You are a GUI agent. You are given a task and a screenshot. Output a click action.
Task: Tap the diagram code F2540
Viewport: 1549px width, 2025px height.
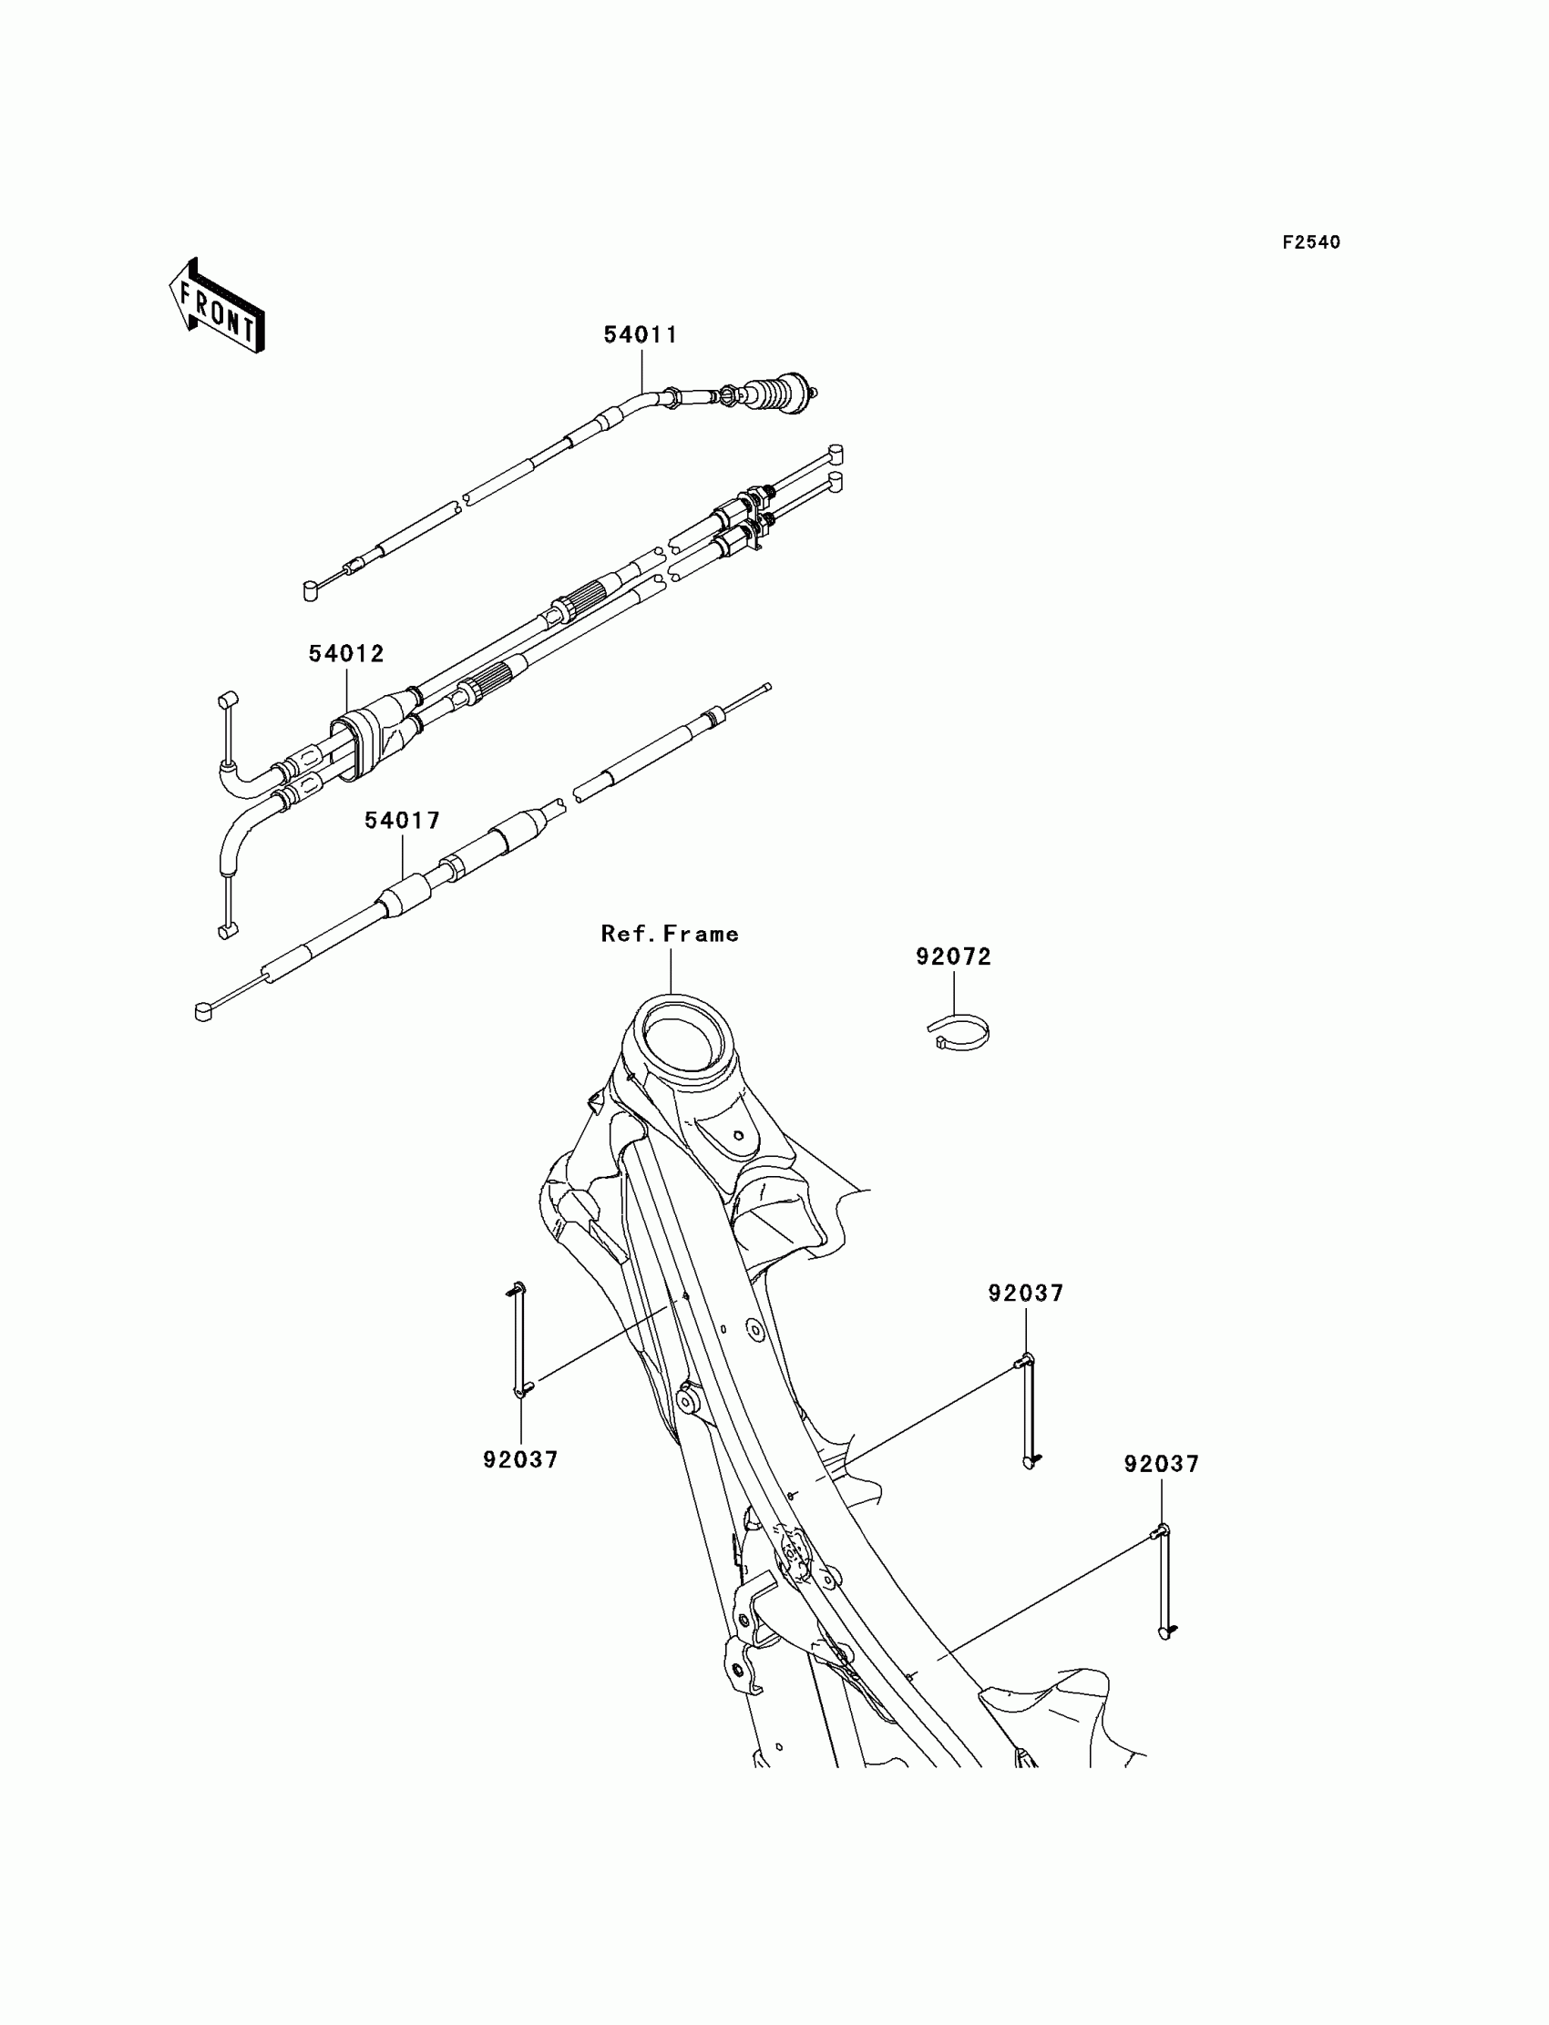[x=1311, y=242]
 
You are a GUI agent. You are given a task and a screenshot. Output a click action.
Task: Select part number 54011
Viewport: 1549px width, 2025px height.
[x=640, y=335]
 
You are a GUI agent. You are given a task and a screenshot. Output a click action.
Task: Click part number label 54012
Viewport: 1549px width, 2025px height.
[x=345, y=654]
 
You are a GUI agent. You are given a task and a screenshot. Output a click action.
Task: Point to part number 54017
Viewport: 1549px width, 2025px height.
[x=402, y=822]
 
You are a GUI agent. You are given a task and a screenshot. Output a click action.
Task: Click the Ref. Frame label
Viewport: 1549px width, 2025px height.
[x=670, y=935]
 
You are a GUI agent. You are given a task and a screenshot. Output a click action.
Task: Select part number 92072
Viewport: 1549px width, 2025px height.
[x=953, y=957]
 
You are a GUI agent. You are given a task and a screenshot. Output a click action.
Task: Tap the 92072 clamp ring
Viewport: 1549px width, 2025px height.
[x=958, y=1030]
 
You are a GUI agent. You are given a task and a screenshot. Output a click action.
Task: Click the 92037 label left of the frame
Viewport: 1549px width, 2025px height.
[x=521, y=1460]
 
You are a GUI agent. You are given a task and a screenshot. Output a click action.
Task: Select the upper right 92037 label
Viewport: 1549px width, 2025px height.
[x=1025, y=1294]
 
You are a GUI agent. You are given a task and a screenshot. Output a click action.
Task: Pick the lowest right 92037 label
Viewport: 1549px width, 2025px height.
[x=1161, y=1465]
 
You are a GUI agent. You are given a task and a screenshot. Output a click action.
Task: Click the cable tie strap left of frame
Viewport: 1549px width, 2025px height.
[x=519, y=1353]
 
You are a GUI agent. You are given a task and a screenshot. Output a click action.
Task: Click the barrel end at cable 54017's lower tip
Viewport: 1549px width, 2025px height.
[x=204, y=1012]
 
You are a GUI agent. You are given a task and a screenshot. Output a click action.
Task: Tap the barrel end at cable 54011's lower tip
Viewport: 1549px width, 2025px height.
[x=311, y=591]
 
